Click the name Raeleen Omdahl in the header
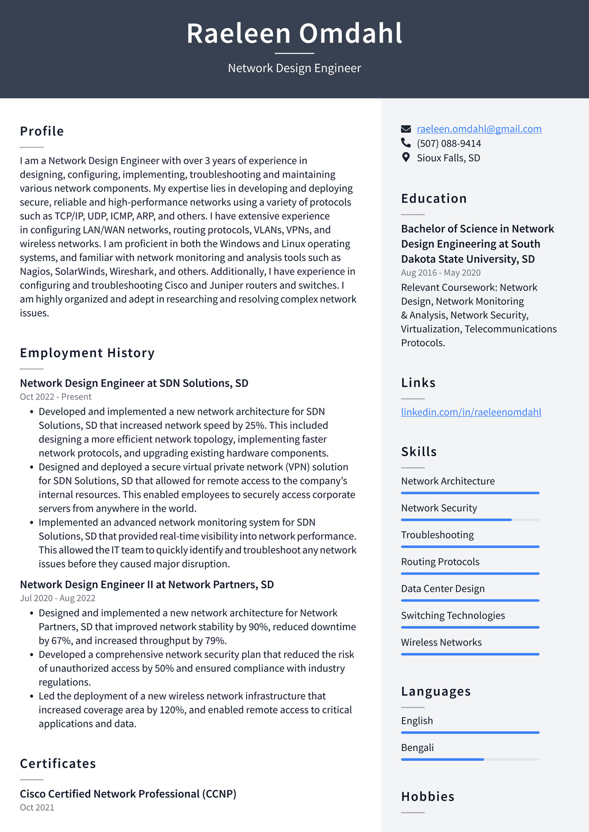tap(294, 33)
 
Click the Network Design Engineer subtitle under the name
tap(294, 68)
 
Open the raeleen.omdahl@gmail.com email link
tap(479, 129)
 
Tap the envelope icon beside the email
tap(406, 129)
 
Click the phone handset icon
tap(406, 143)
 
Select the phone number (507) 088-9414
tap(449, 143)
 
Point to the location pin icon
tap(406, 157)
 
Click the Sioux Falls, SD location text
tap(448, 158)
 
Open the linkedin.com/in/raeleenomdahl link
tap(471, 412)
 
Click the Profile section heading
tap(42, 131)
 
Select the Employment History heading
tap(87, 353)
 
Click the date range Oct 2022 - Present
tap(56, 397)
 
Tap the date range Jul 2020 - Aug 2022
tap(58, 598)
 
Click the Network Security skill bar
tap(470, 520)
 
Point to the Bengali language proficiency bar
tap(470, 760)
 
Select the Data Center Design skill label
tap(442, 588)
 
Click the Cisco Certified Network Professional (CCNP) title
tap(128, 793)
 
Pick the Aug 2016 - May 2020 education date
tap(441, 273)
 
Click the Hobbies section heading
tap(427, 796)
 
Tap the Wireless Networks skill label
tap(441, 642)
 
